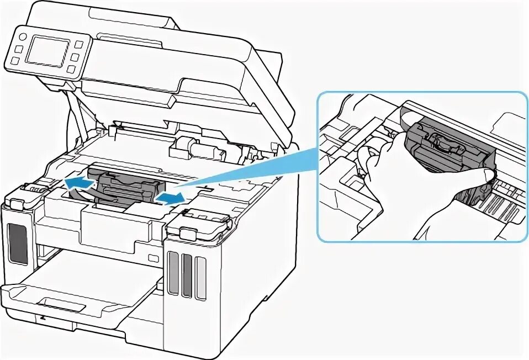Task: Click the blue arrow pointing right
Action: click(x=168, y=197)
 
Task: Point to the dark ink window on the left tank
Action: click(x=18, y=243)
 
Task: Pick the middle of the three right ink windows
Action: click(x=187, y=272)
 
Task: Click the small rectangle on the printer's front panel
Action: click(x=153, y=257)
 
